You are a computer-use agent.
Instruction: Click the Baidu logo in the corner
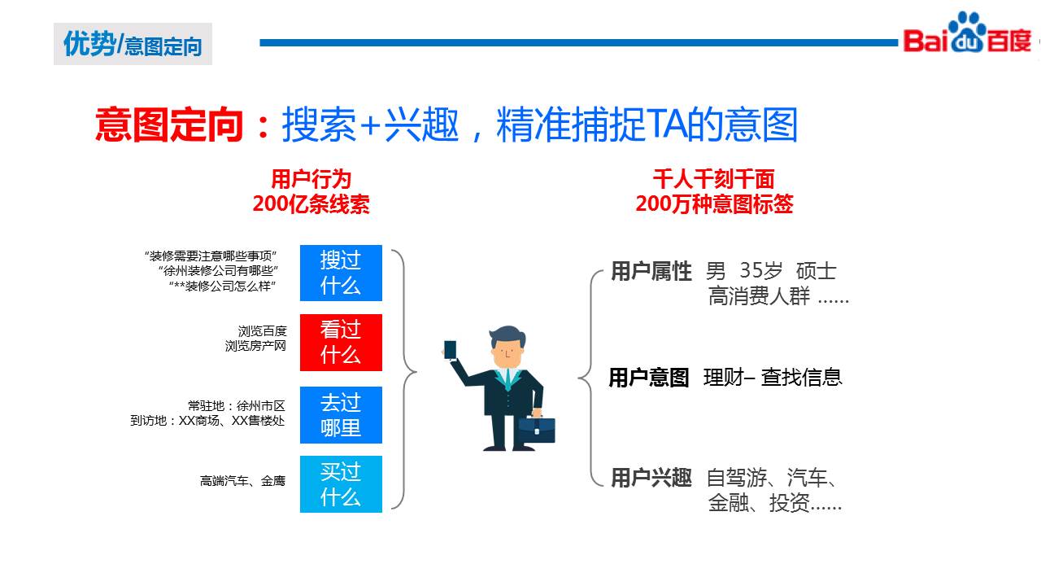pos(967,33)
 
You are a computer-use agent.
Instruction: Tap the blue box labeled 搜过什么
pos(341,273)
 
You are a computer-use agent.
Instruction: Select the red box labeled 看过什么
pos(341,343)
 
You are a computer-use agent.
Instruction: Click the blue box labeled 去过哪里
pos(341,415)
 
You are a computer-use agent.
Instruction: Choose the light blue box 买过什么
pos(341,484)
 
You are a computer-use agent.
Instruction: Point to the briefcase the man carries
pos(536,429)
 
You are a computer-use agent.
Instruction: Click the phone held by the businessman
pos(450,350)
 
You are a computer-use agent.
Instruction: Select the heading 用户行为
pos(311,179)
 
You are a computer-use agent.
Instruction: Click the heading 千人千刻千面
pos(714,179)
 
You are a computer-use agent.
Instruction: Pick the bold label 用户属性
pos(651,271)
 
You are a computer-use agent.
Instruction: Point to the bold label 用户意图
pos(649,378)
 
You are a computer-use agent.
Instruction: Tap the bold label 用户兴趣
pos(651,478)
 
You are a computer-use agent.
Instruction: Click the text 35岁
pos(760,271)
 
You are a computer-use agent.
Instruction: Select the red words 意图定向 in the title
pos(169,125)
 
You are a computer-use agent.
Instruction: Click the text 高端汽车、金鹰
pos(242,481)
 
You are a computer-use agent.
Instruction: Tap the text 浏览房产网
pos(255,346)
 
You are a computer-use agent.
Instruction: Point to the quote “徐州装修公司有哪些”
pos(219,271)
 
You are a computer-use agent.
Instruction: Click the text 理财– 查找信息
pos(773,377)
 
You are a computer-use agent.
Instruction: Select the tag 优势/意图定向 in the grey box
pos(133,44)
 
